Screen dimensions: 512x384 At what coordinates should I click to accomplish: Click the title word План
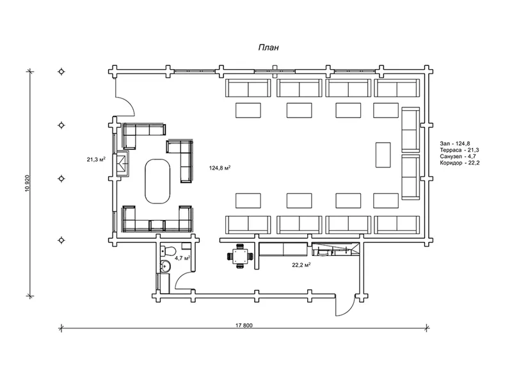click(268, 47)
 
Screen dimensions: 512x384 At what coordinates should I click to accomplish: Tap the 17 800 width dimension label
click(244, 325)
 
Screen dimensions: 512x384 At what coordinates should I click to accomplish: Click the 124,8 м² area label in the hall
click(220, 168)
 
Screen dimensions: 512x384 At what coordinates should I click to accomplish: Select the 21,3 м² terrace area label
click(95, 159)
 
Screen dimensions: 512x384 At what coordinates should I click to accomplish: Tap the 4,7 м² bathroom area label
click(182, 258)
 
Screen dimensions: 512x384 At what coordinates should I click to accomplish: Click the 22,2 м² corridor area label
click(301, 265)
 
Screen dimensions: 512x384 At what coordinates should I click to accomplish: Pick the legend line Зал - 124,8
click(454, 143)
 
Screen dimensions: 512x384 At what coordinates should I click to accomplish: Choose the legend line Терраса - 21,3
click(460, 150)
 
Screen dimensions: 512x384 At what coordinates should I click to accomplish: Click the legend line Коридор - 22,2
click(460, 163)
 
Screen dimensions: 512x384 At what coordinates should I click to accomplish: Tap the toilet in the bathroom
click(168, 252)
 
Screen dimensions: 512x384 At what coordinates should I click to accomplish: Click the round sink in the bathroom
click(166, 266)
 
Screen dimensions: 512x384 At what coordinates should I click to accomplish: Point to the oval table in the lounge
click(157, 181)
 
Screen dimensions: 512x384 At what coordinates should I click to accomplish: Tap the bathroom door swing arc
click(181, 278)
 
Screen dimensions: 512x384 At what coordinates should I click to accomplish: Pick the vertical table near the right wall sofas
click(383, 155)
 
